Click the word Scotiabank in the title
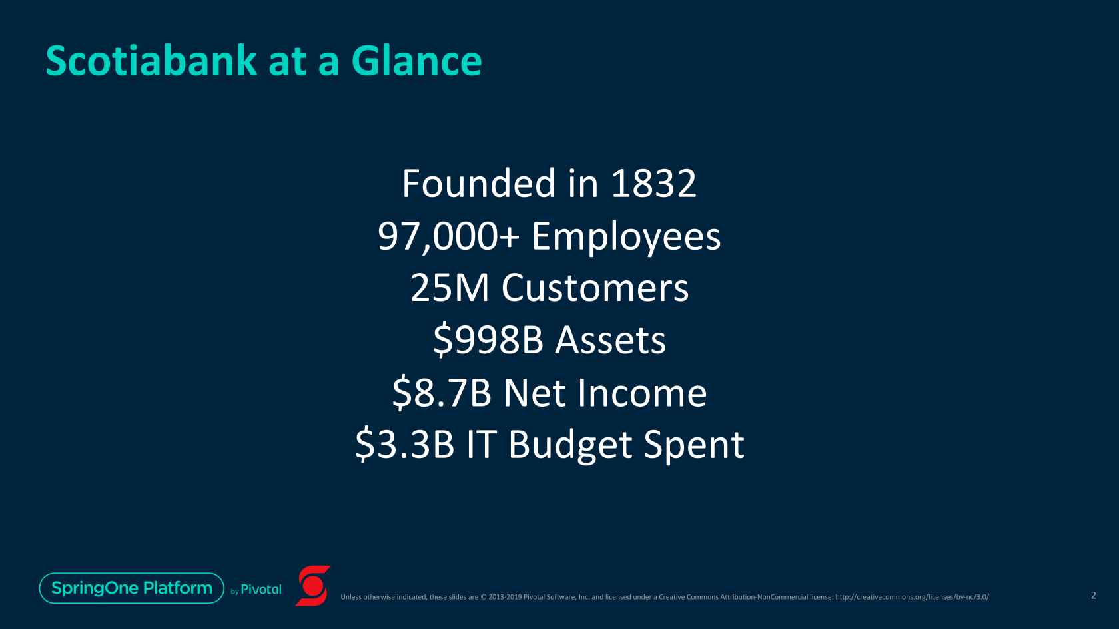coord(151,61)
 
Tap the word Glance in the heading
coord(417,61)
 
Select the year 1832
coord(653,184)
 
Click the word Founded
coord(478,183)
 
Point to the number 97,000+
coord(449,236)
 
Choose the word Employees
coord(626,238)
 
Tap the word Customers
coord(595,288)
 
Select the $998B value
coord(488,341)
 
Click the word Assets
coord(610,341)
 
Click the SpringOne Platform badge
coord(132,588)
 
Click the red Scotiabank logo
coord(313,586)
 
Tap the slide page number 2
coord(1094,595)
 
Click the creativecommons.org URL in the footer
coord(913,596)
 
